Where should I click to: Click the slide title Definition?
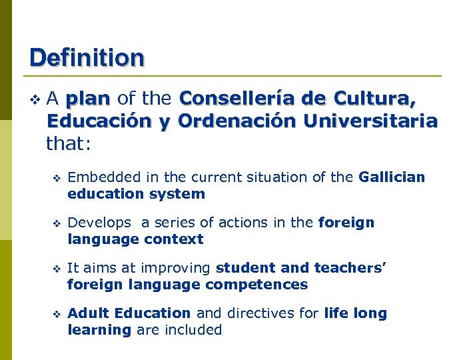[x=87, y=57]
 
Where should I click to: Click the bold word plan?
[x=88, y=99]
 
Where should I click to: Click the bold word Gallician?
[x=391, y=177]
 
